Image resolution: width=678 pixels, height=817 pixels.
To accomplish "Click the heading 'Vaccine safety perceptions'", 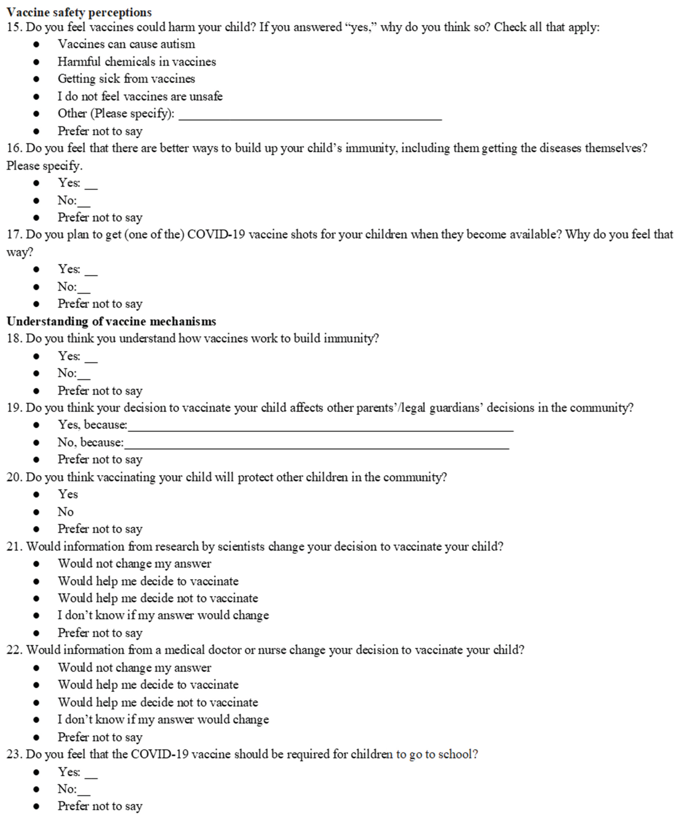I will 79,12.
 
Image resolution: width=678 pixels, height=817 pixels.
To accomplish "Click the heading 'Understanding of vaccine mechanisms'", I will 111,321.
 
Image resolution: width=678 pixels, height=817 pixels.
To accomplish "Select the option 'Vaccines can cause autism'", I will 126,44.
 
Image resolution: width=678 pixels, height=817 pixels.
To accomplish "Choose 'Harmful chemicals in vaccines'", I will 137,61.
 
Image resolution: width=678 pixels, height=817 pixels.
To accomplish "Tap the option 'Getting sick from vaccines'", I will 126,79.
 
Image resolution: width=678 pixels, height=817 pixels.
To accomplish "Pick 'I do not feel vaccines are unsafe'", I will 140,96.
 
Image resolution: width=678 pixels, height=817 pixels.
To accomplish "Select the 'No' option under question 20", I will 65,512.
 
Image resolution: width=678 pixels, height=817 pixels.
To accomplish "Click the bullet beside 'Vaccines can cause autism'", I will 36,44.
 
